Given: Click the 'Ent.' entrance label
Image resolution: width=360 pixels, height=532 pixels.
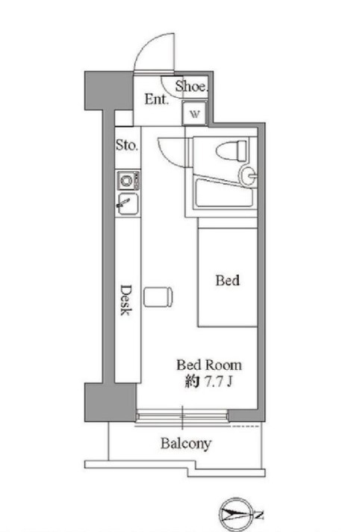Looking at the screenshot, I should [155, 99].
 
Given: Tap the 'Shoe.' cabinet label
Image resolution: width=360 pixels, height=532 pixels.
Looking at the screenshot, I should [192, 86].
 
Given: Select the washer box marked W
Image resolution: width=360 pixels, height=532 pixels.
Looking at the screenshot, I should [194, 114].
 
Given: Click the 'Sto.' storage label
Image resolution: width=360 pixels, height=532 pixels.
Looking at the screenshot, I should [126, 145].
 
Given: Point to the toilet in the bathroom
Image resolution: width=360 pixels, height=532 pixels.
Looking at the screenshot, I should [230, 152].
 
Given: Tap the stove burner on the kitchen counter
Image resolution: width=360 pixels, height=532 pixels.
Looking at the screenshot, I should [125, 180].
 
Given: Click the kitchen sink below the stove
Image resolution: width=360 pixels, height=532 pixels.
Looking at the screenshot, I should [126, 202].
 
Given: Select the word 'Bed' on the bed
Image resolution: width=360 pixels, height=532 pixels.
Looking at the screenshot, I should [227, 281].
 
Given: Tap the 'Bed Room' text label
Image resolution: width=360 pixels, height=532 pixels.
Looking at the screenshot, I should [209, 365].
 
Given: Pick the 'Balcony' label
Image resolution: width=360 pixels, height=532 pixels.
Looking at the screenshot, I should [186, 444].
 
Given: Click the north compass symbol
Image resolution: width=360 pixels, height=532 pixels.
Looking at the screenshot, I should [241, 514].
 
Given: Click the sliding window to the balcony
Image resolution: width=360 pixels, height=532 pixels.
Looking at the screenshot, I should [183, 415].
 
